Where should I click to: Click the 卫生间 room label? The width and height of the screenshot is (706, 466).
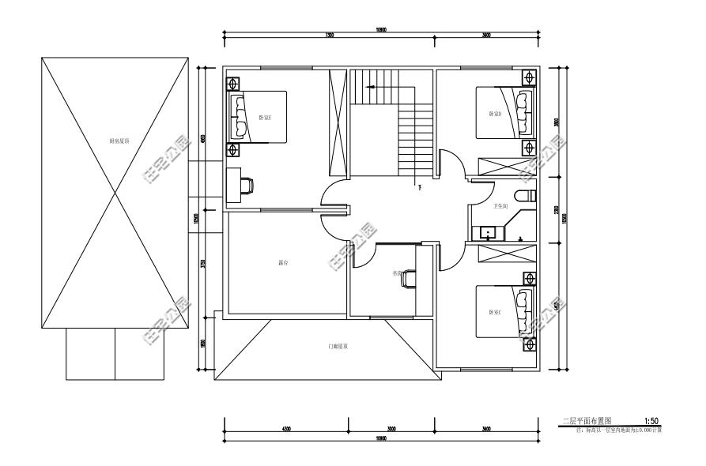pos(500,207)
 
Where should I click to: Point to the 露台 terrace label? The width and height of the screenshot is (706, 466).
pos(284,261)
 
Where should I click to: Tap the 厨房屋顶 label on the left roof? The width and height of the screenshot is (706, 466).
pos(119,141)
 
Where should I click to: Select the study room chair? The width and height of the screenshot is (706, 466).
pos(407,279)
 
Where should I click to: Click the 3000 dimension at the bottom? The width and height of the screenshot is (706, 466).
pos(391,429)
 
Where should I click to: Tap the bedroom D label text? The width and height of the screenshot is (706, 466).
pos(495,114)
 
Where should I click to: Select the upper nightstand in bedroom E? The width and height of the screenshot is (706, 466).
pos(233,81)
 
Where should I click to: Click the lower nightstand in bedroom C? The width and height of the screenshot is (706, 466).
pos(528,344)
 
